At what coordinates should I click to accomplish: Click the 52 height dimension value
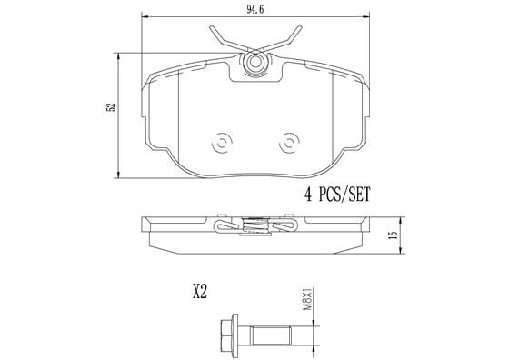tap(111, 107)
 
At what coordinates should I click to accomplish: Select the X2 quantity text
tap(200, 293)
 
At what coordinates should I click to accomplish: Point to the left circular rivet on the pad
tap(222, 143)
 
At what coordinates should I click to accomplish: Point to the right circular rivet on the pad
tap(290, 143)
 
